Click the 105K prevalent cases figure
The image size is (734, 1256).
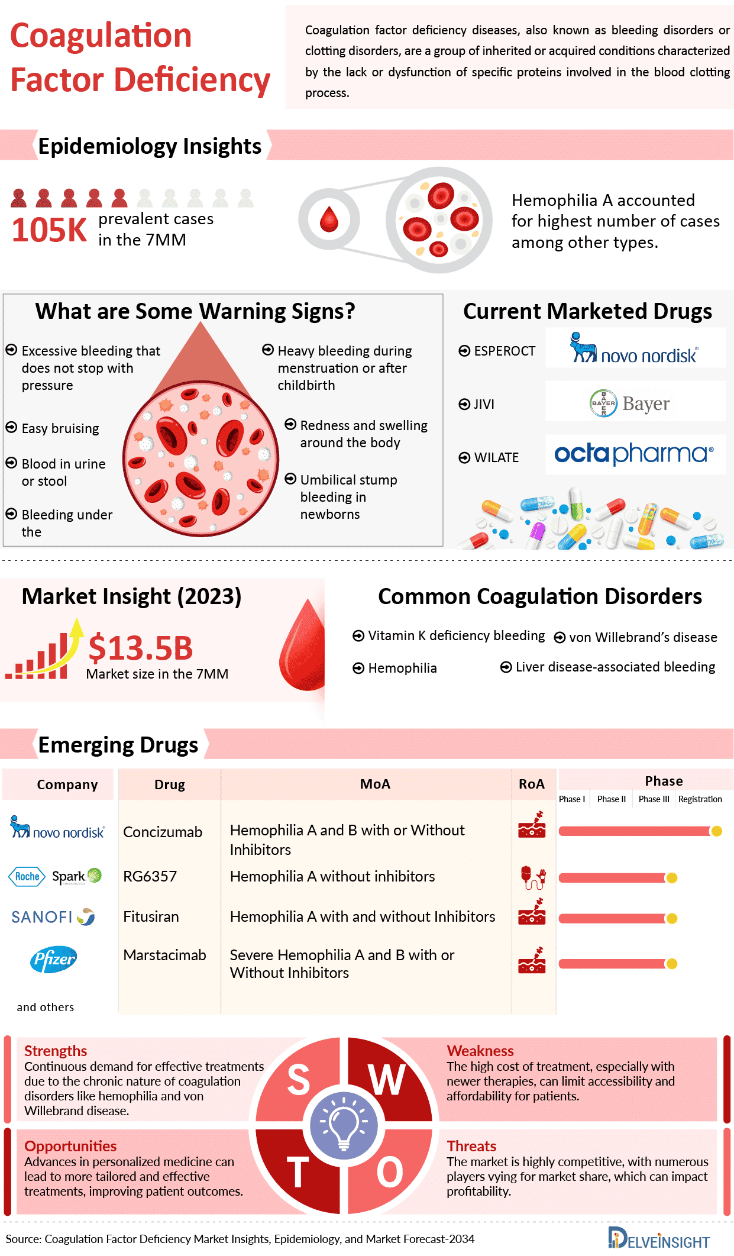(49, 230)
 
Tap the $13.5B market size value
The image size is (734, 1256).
(141, 648)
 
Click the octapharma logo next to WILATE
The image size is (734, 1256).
(633, 454)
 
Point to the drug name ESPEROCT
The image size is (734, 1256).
(505, 351)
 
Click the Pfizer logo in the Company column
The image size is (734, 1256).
(53, 959)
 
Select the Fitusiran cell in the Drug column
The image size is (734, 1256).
(151, 916)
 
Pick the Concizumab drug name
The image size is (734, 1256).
(163, 832)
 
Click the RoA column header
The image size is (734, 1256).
(531, 784)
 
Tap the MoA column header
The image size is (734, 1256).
(375, 784)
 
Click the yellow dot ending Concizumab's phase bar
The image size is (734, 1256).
(717, 831)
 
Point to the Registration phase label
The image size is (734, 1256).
(700, 799)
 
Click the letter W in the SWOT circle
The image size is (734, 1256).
(387, 1080)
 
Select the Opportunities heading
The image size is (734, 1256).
(70, 1146)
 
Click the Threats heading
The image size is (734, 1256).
(471, 1146)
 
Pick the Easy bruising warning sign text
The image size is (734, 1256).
(60, 428)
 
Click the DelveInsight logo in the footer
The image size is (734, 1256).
(659, 1239)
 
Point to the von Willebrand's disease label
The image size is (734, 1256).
(643, 637)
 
